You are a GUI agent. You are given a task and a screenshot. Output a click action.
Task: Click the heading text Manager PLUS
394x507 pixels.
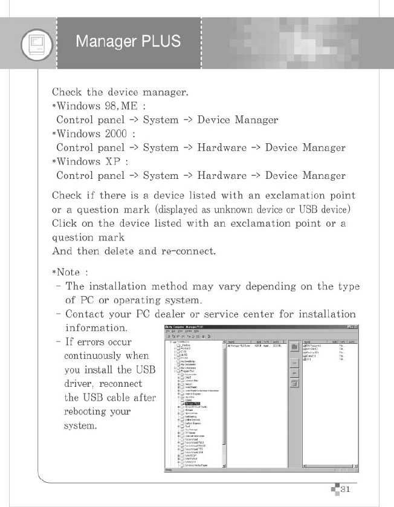point(128,42)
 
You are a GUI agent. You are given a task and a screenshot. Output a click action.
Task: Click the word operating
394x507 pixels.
point(127,300)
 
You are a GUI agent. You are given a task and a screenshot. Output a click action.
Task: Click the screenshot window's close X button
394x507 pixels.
point(356,327)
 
